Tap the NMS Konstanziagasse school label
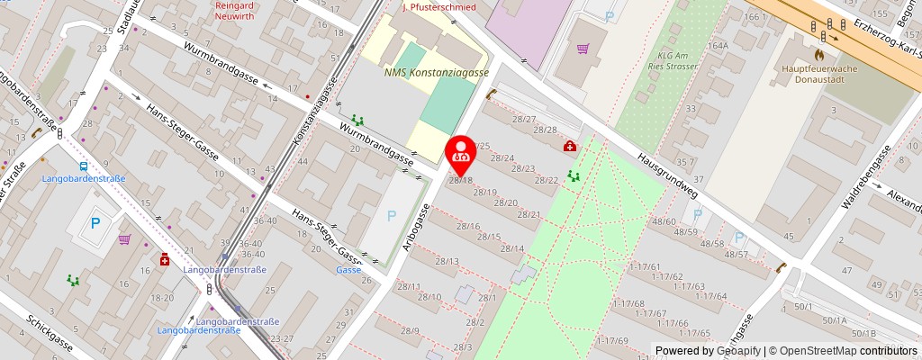pyautogui.click(x=436, y=72)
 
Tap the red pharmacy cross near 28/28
pyautogui.click(x=569, y=146)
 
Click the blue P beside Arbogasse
pyautogui.click(x=391, y=215)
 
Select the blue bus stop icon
pyautogui.click(x=83, y=166)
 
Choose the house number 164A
pyautogui.click(x=718, y=45)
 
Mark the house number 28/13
pyautogui.click(x=447, y=261)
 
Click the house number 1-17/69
pyautogui.click(x=616, y=340)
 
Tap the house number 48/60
pyautogui.click(x=664, y=221)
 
